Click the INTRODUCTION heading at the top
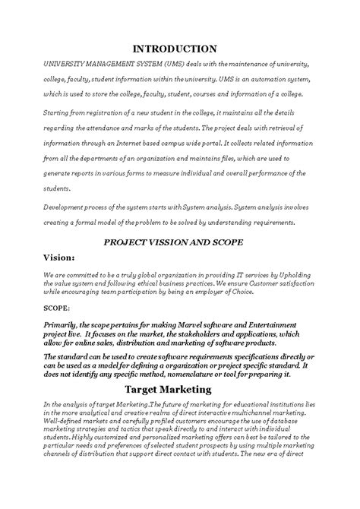coord(179,48)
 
